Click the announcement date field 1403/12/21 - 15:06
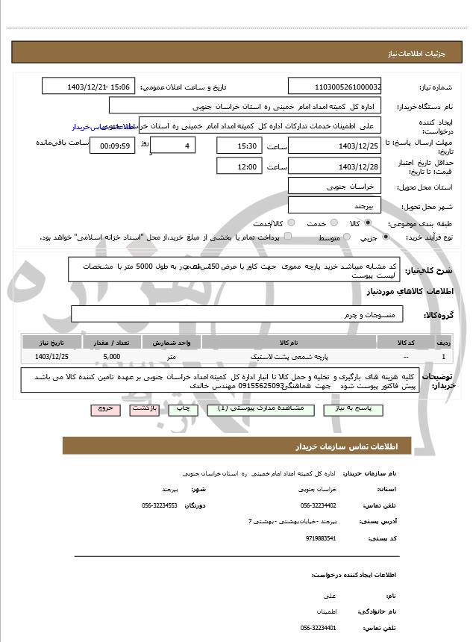click(89, 87)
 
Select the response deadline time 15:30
click(239, 146)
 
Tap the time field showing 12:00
click(239, 166)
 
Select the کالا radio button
click(368, 223)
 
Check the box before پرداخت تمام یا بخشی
click(286, 237)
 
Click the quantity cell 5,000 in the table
click(112, 358)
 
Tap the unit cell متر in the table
click(171, 358)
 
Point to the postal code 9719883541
click(321, 537)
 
